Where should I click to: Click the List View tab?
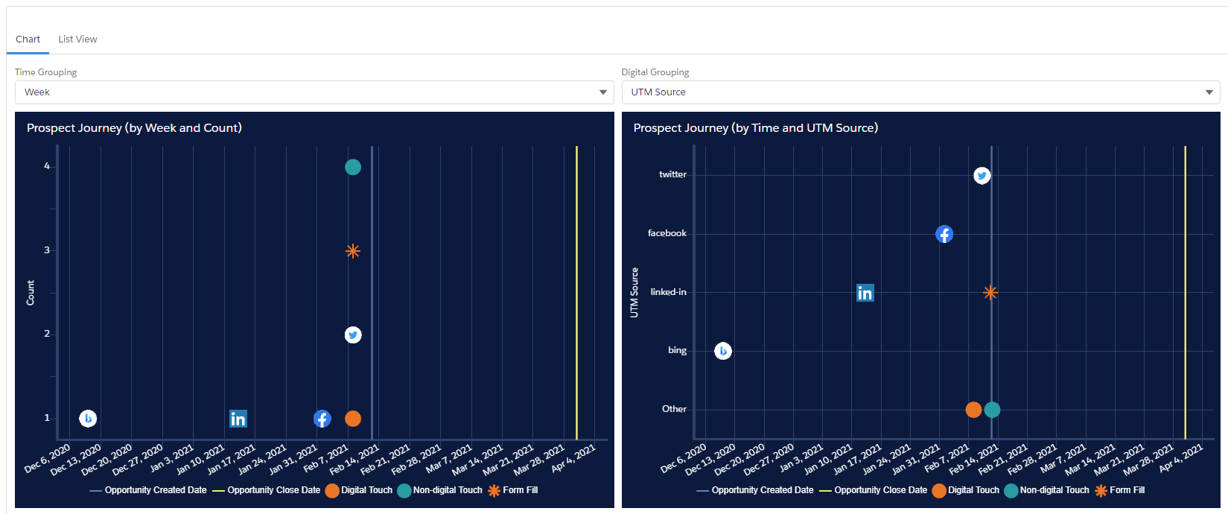pyautogui.click(x=77, y=39)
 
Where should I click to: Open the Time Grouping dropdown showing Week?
pyautogui.click(x=314, y=92)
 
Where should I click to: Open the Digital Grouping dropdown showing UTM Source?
pyautogui.click(x=920, y=92)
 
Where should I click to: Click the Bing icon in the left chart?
pyautogui.click(x=88, y=419)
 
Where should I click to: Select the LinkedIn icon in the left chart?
pyautogui.click(x=238, y=419)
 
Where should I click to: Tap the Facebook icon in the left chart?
pyautogui.click(x=322, y=419)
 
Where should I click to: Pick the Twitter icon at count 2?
pyautogui.click(x=353, y=334)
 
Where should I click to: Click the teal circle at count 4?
pyautogui.click(x=353, y=167)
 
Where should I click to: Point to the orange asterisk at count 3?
pyautogui.click(x=353, y=251)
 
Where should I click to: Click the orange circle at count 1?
pyautogui.click(x=353, y=419)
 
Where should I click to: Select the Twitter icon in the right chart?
pyautogui.click(x=982, y=176)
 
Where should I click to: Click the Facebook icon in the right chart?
pyautogui.click(x=944, y=234)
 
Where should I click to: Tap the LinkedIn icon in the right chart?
pyautogui.click(x=865, y=293)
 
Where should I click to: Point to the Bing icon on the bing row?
pyautogui.click(x=723, y=351)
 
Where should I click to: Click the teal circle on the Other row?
pyautogui.click(x=992, y=410)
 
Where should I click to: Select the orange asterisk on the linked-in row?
pyautogui.click(x=990, y=292)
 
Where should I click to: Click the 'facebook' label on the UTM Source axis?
pyautogui.click(x=667, y=233)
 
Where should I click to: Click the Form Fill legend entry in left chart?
pyautogui.click(x=512, y=490)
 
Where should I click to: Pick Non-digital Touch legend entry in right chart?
pyautogui.click(x=1046, y=490)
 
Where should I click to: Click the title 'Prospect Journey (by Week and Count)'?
pyautogui.click(x=134, y=128)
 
